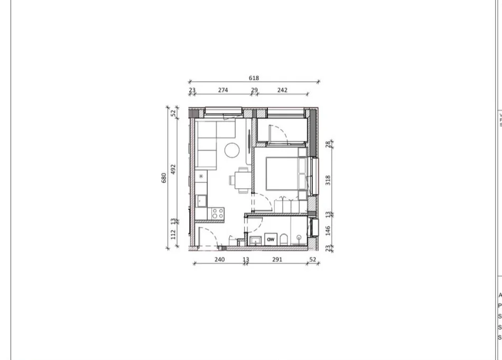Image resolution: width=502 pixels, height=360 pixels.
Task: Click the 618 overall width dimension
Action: tap(254, 78)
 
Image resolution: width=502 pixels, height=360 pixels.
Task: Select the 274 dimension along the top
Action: tap(223, 90)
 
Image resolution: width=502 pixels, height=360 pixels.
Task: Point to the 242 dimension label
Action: tap(282, 90)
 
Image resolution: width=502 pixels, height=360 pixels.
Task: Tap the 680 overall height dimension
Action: tap(164, 178)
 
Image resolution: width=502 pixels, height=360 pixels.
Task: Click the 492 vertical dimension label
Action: tap(173, 169)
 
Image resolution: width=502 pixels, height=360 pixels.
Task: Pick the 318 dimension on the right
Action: tap(328, 180)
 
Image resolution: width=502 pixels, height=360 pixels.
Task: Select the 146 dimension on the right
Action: tap(328, 230)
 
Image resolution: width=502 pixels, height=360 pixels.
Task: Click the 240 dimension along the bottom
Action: tap(219, 259)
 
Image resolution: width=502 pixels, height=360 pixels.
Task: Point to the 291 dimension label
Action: tap(277, 259)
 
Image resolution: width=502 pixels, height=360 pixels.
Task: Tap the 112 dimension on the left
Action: tap(173, 234)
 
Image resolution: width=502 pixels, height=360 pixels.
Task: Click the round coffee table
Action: tap(233, 151)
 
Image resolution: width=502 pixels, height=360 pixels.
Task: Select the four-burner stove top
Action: tap(217, 214)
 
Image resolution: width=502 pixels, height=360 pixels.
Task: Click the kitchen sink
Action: tap(202, 200)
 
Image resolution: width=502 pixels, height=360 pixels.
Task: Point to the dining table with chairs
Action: tap(242, 180)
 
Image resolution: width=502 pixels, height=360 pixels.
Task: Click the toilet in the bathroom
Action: tap(284, 239)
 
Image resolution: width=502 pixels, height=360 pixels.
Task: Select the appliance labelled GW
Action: tap(271, 239)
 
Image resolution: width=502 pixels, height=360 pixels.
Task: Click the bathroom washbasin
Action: tap(255, 241)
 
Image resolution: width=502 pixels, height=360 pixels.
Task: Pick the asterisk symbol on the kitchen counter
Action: tap(201, 177)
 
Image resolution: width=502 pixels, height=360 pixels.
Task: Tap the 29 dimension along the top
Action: tap(254, 90)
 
